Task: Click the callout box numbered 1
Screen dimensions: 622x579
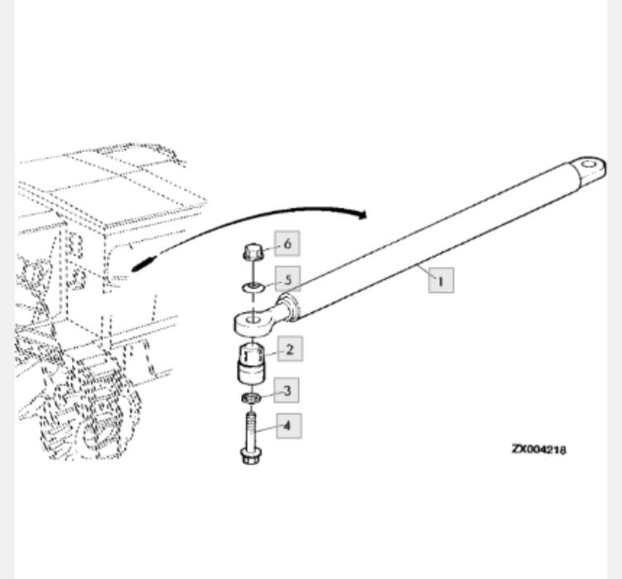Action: (x=441, y=281)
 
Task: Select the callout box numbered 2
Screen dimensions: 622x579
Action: (x=290, y=349)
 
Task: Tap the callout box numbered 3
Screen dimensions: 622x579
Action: (x=287, y=390)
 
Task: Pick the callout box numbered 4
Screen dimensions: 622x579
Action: (x=288, y=426)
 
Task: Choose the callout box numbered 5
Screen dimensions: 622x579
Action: (x=287, y=278)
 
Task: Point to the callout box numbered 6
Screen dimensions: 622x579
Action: (x=287, y=244)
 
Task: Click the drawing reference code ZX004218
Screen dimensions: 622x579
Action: (x=539, y=449)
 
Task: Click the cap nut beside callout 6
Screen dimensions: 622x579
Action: (x=253, y=253)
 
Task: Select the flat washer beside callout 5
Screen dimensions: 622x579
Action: (x=253, y=286)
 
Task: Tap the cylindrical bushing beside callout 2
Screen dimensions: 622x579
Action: (x=251, y=364)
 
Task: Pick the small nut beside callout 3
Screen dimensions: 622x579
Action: (x=251, y=398)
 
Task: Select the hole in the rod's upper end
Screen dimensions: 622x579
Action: (x=589, y=164)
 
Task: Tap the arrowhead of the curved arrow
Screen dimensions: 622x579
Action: (x=362, y=215)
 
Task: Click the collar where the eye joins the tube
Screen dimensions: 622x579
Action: (x=289, y=307)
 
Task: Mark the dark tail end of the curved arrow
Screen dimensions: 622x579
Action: (x=143, y=264)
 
